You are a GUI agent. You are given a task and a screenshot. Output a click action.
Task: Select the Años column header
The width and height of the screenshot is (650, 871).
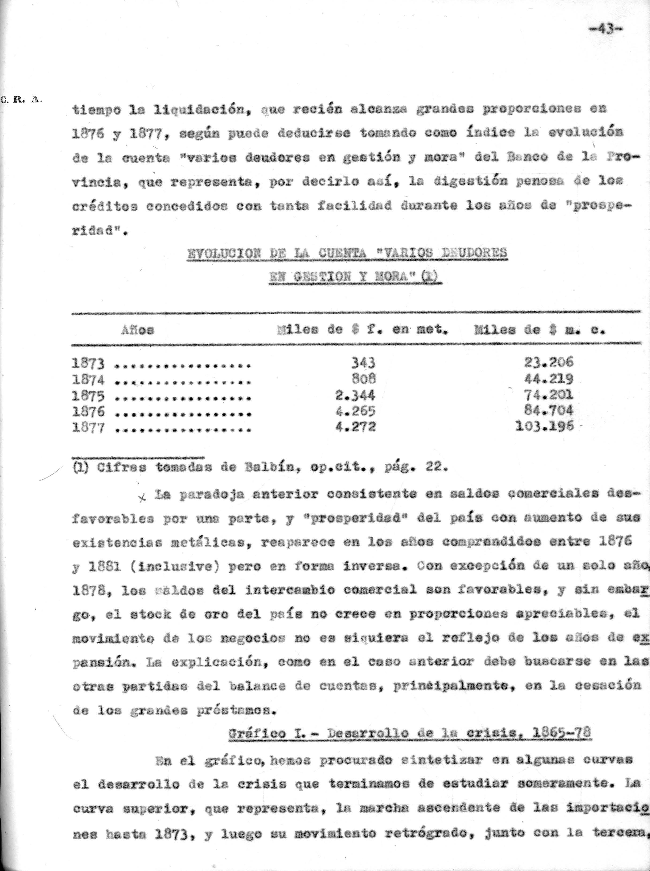(138, 330)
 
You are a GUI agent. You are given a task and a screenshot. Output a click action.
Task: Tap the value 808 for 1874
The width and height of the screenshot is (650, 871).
(363, 378)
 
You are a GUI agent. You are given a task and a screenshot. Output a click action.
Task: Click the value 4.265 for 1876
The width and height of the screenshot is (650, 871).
(355, 411)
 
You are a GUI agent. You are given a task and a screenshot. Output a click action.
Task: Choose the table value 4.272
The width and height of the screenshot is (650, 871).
(355, 427)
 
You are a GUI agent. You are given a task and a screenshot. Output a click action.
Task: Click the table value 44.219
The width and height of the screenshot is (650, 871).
(549, 379)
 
